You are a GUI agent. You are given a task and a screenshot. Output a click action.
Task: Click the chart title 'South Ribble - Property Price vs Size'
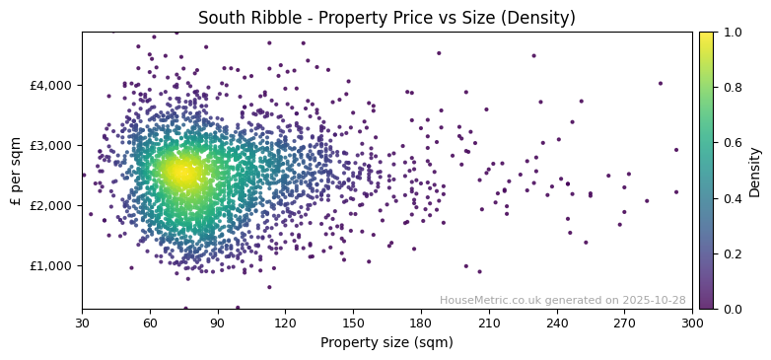click(x=386, y=18)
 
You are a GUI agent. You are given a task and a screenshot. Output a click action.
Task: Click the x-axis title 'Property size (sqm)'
click(x=386, y=342)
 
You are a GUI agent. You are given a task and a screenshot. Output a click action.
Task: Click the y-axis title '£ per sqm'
click(x=16, y=171)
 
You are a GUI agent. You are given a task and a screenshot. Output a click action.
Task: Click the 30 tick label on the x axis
click(x=82, y=323)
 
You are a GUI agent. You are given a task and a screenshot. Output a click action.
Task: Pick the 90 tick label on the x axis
click(x=218, y=323)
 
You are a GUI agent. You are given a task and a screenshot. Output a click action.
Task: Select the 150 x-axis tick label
click(x=353, y=323)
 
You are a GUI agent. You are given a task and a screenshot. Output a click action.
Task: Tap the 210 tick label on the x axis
click(x=489, y=323)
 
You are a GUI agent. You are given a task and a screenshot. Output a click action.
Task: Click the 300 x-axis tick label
click(x=692, y=323)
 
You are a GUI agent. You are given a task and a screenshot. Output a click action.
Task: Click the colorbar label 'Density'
click(x=755, y=171)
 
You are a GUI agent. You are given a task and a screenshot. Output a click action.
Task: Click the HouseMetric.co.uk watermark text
click(x=562, y=301)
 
